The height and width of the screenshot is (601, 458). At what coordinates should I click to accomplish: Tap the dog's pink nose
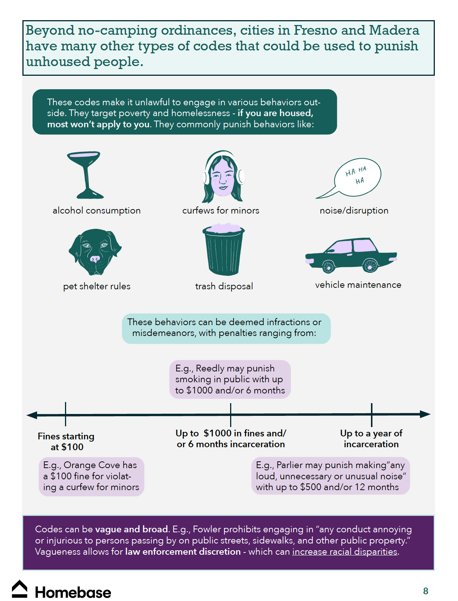click(x=95, y=258)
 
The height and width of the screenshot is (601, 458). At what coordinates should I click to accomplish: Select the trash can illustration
click(x=223, y=249)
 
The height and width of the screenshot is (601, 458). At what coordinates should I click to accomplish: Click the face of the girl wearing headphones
click(x=223, y=175)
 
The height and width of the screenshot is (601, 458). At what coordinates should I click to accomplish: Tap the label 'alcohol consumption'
click(x=96, y=211)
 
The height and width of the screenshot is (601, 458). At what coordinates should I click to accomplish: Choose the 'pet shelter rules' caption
click(x=97, y=286)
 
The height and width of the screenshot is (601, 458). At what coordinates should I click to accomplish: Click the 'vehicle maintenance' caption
click(x=358, y=285)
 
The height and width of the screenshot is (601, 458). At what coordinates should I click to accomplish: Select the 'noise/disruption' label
click(x=354, y=211)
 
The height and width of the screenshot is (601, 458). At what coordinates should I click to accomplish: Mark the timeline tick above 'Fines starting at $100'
click(x=65, y=414)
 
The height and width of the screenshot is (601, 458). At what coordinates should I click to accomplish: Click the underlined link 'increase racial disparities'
click(x=344, y=552)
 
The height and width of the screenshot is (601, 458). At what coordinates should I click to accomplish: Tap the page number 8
click(x=425, y=591)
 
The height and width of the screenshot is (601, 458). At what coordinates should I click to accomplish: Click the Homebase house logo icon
click(x=20, y=589)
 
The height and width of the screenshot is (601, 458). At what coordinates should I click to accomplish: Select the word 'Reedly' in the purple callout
click(x=210, y=368)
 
